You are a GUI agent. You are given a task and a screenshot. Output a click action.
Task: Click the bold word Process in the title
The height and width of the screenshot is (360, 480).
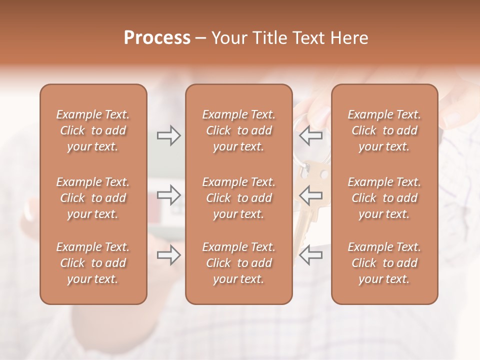157,38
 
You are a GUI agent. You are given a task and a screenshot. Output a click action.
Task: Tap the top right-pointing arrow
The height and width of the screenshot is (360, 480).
168,135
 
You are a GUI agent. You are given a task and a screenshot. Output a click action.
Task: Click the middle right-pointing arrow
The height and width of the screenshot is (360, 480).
168,195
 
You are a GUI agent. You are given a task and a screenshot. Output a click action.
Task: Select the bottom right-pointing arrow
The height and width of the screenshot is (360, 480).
168,255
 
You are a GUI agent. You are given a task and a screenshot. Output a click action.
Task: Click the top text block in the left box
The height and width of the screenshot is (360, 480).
93,130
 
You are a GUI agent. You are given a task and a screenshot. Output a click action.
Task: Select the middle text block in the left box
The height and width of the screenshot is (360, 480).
93,198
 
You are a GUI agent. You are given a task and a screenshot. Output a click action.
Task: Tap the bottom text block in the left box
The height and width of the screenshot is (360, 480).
93,263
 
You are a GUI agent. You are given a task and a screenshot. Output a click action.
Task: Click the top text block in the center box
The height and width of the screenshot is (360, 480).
238,130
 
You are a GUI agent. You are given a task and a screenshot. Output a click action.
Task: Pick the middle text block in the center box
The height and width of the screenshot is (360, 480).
238,198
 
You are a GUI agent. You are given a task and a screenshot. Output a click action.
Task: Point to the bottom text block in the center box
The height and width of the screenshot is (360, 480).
238,263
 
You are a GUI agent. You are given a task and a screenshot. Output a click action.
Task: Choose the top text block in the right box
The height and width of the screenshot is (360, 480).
384,130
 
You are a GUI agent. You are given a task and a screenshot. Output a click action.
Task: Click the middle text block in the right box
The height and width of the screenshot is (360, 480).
384,198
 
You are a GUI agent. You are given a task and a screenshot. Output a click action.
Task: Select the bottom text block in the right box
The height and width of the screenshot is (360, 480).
384,263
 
